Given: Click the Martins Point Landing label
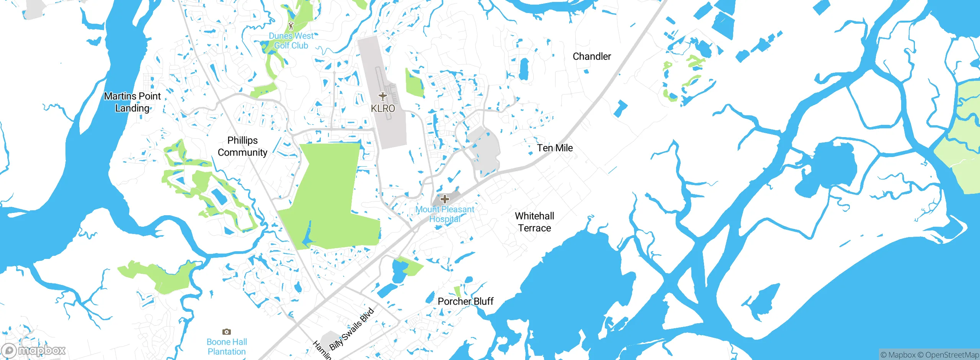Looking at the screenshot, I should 132,102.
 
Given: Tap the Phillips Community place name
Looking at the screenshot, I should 242,146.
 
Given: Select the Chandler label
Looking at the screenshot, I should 591,56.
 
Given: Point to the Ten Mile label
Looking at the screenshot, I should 555,148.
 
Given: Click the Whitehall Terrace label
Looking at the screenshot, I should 534,222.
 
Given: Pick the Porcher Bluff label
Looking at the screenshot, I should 465,301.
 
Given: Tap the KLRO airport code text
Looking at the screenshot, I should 383,108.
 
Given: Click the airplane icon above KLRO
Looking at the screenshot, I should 382,96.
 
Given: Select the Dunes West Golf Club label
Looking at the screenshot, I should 291,41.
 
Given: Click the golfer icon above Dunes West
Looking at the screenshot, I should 291,26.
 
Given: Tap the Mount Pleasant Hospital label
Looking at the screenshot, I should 445,214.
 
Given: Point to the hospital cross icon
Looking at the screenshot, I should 444,199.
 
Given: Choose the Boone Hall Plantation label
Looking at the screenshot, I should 227,346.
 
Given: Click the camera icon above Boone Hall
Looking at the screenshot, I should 227,332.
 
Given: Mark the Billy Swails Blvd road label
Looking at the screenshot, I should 351,329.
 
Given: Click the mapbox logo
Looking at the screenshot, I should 34,350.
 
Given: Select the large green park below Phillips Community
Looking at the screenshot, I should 329,195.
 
